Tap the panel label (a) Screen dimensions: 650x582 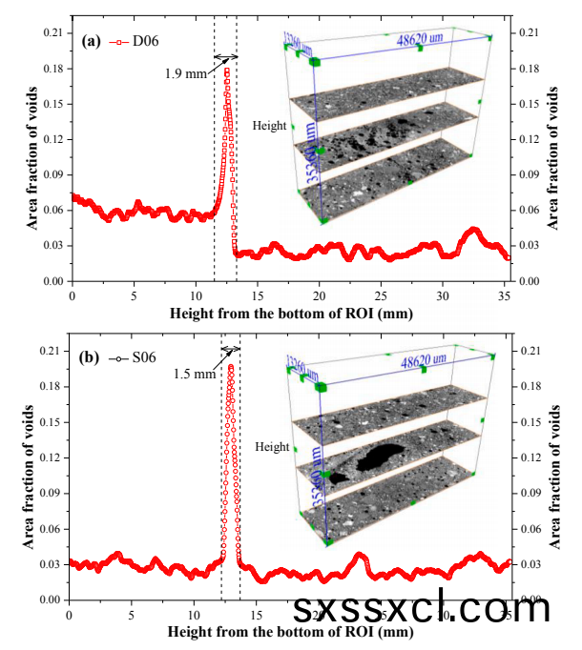[92, 41]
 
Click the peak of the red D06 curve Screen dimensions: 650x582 [227, 69]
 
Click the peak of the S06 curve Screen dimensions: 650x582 [230, 365]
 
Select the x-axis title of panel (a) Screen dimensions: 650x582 [291, 312]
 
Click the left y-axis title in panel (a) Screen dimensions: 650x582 [32, 156]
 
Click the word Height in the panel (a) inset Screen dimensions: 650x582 [270, 125]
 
